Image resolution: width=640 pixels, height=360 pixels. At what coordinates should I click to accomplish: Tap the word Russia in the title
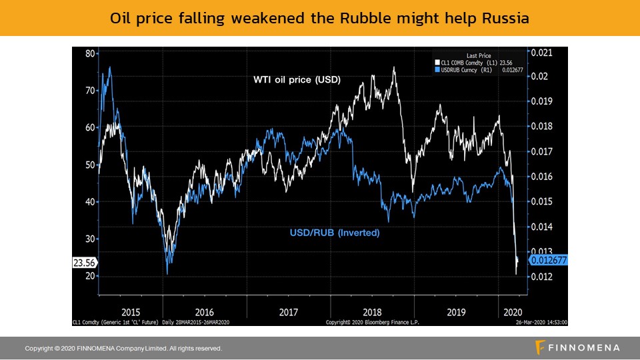pyautogui.click(x=505, y=19)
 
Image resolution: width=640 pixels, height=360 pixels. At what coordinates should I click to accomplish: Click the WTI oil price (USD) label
pyautogui.click(x=297, y=80)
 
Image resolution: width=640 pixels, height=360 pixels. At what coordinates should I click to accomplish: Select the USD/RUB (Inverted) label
pyautogui.click(x=335, y=233)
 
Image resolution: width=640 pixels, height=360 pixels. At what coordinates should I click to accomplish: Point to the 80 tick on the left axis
pyautogui.click(x=90, y=53)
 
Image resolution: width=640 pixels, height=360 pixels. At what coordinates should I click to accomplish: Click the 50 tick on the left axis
pyautogui.click(x=90, y=165)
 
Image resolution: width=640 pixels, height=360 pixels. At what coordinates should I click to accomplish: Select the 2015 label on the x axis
pyautogui.click(x=131, y=311)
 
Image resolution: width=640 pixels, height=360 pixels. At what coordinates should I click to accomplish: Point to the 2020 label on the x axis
pyautogui.click(x=512, y=311)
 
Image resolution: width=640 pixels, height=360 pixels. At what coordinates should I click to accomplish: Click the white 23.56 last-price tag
pyautogui.click(x=85, y=263)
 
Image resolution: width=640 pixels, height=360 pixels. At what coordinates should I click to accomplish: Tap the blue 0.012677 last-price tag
pyautogui.click(x=547, y=260)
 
